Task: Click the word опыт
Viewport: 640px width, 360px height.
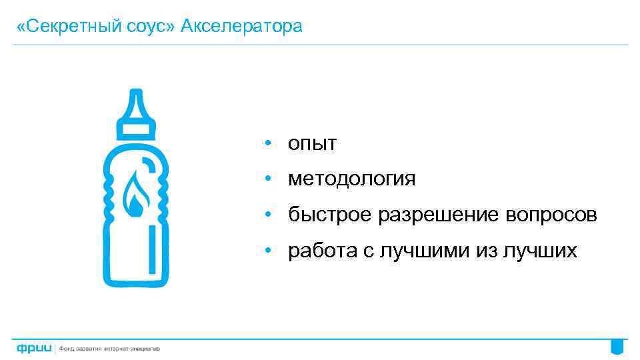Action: click(x=312, y=143)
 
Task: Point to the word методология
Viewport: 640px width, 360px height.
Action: click(x=351, y=179)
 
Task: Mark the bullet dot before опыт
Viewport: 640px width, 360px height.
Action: click(x=266, y=143)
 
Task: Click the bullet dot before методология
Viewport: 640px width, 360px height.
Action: click(x=266, y=179)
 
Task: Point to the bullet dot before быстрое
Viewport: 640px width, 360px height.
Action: click(x=266, y=215)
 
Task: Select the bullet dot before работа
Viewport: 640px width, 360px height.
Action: click(x=266, y=251)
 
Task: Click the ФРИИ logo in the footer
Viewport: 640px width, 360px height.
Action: click(x=34, y=349)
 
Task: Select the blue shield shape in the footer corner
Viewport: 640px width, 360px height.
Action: click(x=617, y=347)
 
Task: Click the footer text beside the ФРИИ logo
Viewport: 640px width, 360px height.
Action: click(x=110, y=349)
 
